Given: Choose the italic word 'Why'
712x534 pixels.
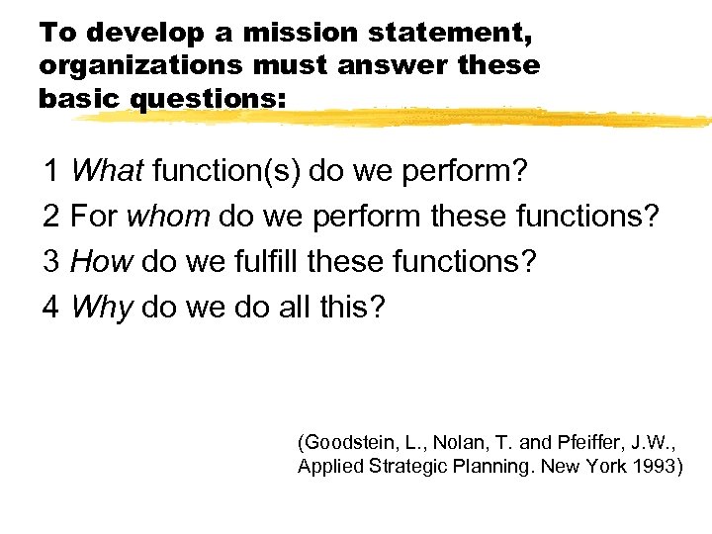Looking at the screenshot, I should pyautogui.click(x=102, y=308).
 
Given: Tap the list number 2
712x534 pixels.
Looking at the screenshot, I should pyautogui.click(x=51, y=218).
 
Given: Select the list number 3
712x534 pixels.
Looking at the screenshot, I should pyautogui.click(x=51, y=262).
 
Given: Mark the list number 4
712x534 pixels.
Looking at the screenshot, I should pyautogui.click(x=51, y=308).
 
